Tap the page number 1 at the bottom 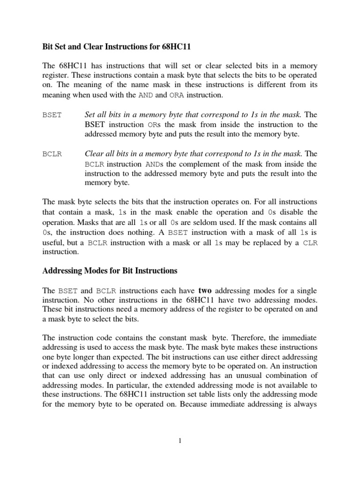(x=180, y=440)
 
